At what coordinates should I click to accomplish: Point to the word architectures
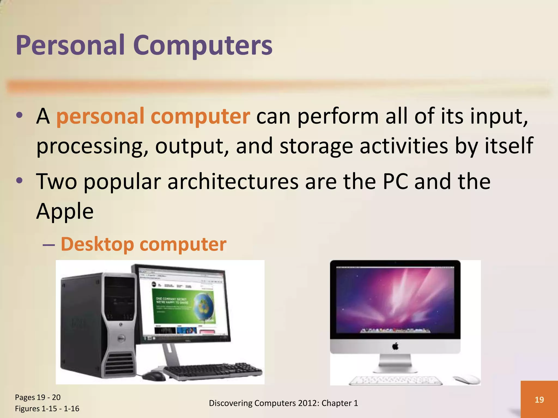[233, 182]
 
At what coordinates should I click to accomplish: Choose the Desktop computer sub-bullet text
[143, 244]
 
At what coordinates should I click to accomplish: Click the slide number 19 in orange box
[539, 399]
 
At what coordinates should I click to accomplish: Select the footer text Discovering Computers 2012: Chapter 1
[283, 403]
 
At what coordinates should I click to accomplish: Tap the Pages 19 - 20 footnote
[38, 397]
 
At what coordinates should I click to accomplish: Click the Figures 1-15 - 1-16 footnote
[47, 408]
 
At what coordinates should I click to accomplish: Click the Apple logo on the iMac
[395, 346]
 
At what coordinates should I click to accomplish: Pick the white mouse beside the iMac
[466, 379]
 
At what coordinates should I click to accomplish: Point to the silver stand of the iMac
[395, 363]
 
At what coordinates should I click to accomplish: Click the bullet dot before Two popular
[19, 180]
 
